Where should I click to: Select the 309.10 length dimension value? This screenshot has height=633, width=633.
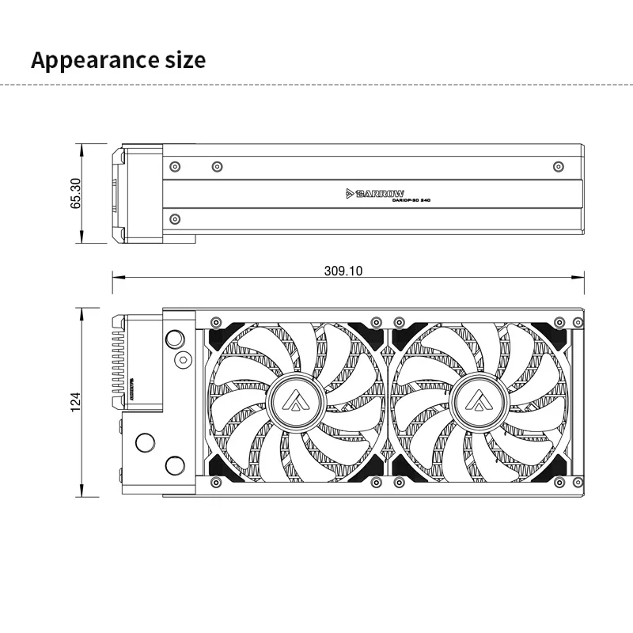coord(343,271)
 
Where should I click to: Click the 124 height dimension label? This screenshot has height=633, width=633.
coord(76,402)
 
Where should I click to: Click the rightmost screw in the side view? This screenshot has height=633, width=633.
coord(559,166)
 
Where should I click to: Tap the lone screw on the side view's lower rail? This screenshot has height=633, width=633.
coord(175,218)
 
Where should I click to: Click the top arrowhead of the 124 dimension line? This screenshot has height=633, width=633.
coord(82,311)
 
